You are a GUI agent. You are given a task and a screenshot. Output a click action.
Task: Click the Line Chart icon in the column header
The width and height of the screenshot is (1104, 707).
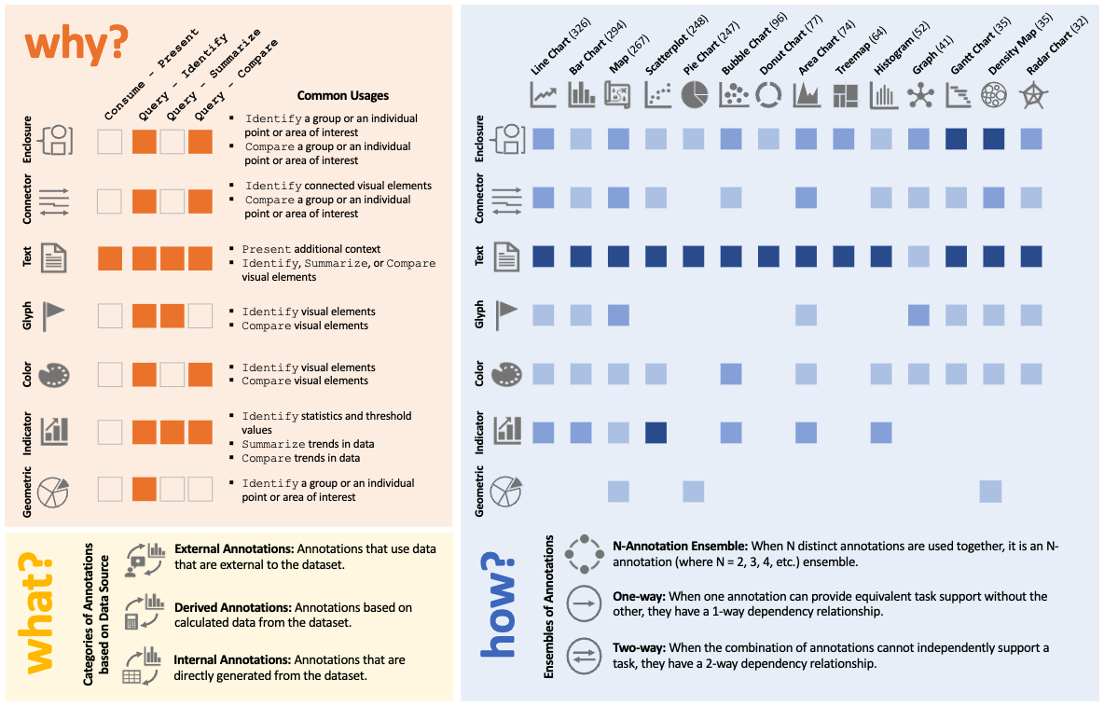coord(544,94)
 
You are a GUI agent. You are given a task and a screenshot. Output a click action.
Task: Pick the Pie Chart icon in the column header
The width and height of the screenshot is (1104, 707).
coord(694,94)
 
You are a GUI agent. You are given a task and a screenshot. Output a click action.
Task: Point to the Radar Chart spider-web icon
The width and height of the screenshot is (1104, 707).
coord(1031,94)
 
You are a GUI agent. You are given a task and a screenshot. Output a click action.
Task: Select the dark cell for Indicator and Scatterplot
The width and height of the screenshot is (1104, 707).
coord(656,432)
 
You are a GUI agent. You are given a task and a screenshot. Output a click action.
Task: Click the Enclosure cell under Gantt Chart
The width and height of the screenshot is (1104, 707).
coord(956,139)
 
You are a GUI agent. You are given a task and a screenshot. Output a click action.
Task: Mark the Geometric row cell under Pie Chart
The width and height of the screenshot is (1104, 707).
coord(694,491)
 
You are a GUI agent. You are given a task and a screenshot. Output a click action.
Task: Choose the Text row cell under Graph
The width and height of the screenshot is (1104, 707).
coord(918,256)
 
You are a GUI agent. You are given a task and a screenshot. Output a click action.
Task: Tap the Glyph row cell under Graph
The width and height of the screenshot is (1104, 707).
coord(918,315)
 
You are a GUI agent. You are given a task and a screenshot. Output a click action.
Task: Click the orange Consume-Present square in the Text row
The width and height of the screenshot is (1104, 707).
coord(110,258)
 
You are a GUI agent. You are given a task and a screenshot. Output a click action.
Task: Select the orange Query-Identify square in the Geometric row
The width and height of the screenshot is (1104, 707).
coord(144,489)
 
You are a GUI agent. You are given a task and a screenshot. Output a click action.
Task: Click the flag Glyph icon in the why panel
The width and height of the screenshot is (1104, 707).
coord(55,316)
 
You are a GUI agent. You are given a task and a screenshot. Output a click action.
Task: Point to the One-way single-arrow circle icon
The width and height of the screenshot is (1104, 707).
coord(583,603)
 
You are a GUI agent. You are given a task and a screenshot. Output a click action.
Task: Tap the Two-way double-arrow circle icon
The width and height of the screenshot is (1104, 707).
coord(583,655)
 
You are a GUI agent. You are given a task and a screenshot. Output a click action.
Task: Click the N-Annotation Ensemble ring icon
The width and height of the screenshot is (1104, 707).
coord(583,554)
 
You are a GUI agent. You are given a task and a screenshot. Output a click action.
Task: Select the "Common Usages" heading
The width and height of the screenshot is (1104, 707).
coord(342,95)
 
